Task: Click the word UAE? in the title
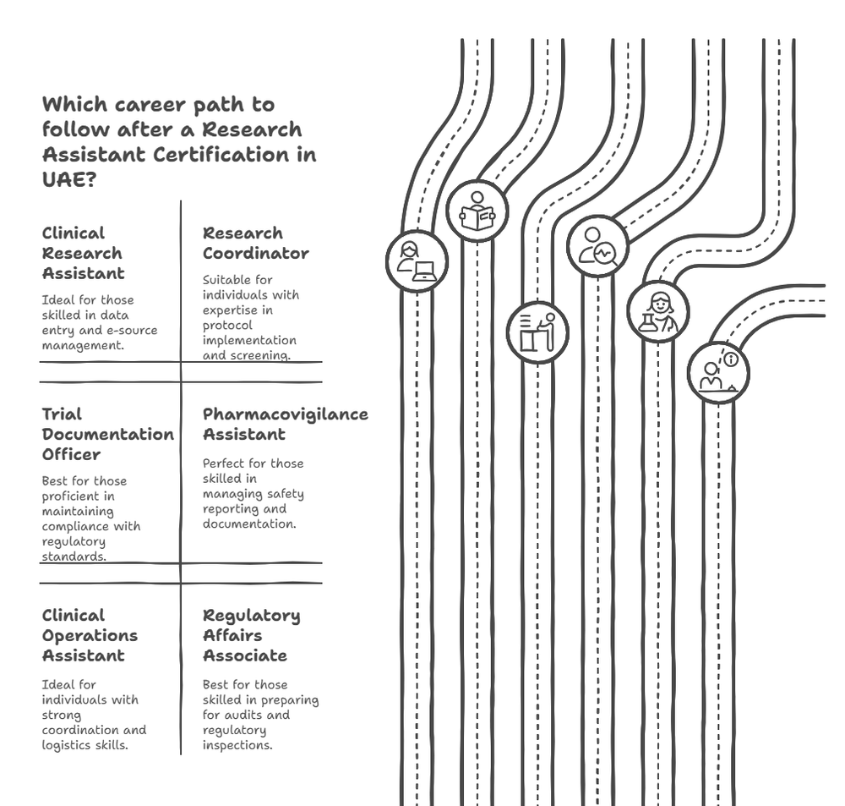(x=68, y=180)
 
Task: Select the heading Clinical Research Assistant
(x=83, y=253)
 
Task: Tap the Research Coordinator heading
(x=255, y=243)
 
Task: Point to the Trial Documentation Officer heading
(x=107, y=434)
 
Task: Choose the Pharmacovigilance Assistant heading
(x=285, y=424)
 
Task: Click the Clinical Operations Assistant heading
(x=90, y=635)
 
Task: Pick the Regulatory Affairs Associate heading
(x=251, y=635)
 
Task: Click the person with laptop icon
(x=417, y=261)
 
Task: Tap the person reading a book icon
(x=477, y=211)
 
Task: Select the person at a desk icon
(x=537, y=332)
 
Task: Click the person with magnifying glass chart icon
(x=597, y=246)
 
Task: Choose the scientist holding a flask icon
(x=658, y=312)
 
